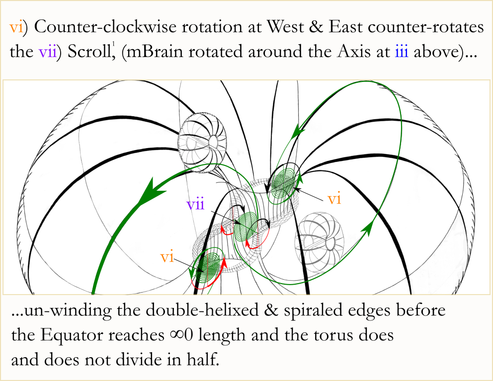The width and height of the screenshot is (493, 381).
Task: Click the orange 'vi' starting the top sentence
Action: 16,27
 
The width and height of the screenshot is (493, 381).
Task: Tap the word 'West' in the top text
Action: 285,27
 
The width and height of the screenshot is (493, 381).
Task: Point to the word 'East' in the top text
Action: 345,27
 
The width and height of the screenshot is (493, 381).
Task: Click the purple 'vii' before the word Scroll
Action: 48,52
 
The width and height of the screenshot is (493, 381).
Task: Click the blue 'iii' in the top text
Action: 402,52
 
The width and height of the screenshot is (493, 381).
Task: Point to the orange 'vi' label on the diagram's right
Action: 334,199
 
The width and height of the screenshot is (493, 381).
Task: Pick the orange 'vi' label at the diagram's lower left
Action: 167,257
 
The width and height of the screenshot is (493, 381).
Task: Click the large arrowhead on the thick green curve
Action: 148,192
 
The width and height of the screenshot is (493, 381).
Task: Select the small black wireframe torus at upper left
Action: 202,142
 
